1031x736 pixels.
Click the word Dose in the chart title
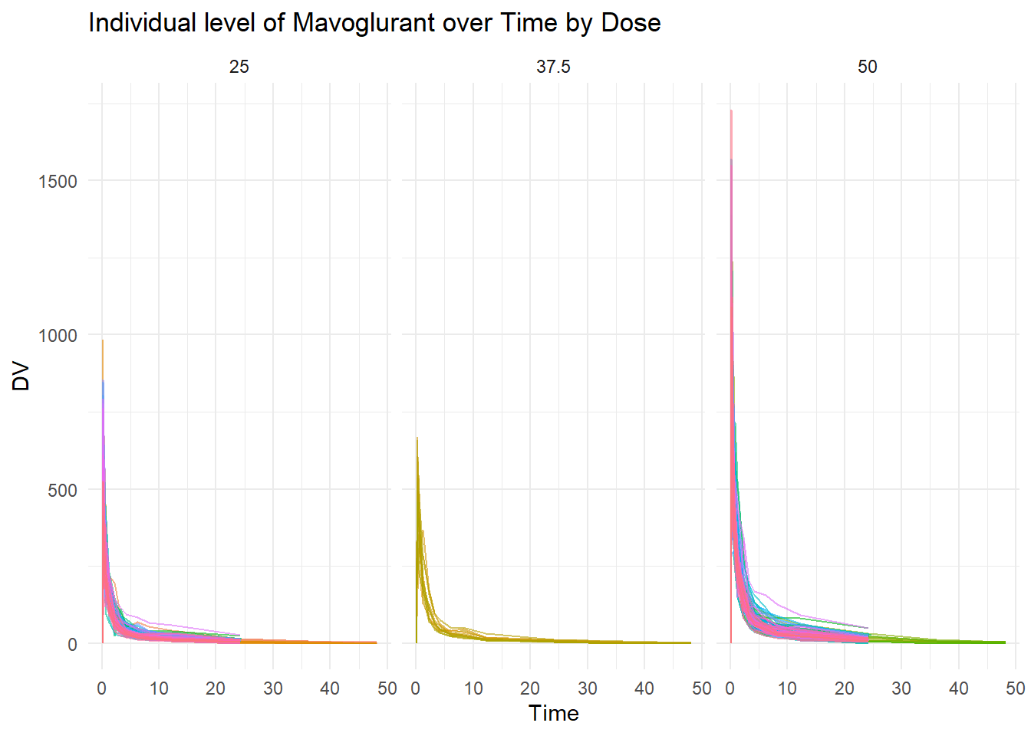[x=631, y=23]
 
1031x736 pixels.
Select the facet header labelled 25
[x=239, y=67]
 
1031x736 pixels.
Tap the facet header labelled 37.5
[x=553, y=67]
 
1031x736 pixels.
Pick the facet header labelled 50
[x=867, y=67]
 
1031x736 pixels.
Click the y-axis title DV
[x=21, y=376]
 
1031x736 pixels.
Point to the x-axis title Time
[x=553, y=714]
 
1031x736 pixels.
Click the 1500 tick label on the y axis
[x=58, y=182]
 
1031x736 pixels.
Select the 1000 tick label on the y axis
[x=58, y=336]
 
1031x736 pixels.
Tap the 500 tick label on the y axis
[x=63, y=491]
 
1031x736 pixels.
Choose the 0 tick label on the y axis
[x=73, y=645]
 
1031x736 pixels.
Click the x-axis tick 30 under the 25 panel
[x=273, y=688]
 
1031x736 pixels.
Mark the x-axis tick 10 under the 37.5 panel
[x=473, y=688]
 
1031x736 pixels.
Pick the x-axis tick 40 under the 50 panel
[x=959, y=688]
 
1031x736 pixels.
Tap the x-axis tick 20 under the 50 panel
[x=845, y=688]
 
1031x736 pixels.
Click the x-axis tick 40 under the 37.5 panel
[x=644, y=688]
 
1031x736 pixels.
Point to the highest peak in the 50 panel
[x=731, y=111]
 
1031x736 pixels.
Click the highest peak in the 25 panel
[x=103, y=341]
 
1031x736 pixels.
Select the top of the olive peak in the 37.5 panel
[x=417, y=439]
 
